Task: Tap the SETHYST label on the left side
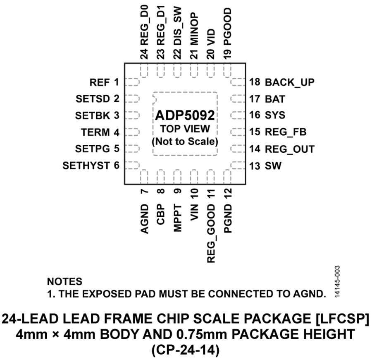(86, 166)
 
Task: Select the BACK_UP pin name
(290, 83)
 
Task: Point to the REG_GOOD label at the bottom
(211, 233)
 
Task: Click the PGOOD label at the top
(227, 26)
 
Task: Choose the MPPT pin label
(178, 218)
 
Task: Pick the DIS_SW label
(178, 26)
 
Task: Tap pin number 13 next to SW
(255, 166)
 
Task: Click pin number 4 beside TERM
(116, 132)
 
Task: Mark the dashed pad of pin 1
(132, 82)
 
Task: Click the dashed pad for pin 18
(238, 82)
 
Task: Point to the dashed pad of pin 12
(227, 177)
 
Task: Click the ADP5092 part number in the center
(185, 115)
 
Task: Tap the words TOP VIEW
(185, 129)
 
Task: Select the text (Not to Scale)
(185, 142)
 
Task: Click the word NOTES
(64, 282)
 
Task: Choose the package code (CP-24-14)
(185, 350)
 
